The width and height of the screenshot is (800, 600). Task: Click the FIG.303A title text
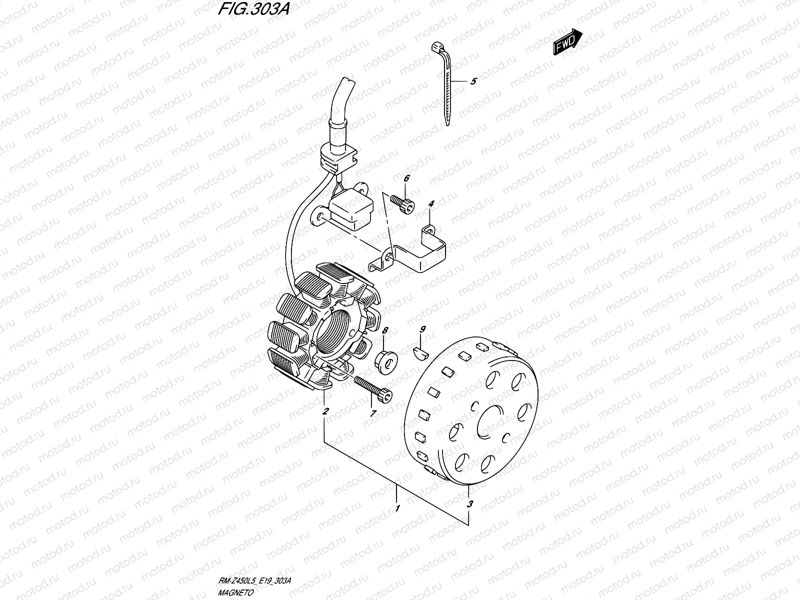[254, 11]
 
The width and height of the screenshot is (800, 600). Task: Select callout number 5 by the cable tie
[473, 81]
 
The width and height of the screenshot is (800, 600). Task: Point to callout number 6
[406, 178]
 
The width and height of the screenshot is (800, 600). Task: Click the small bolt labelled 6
[403, 204]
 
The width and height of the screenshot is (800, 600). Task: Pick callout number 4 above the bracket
[431, 203]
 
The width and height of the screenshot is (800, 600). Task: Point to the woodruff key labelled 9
[420, 353]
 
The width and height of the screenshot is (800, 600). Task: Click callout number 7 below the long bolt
[372, 413]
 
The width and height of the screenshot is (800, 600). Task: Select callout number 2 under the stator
[325, 412]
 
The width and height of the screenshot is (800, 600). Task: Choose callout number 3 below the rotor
[469, 504]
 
